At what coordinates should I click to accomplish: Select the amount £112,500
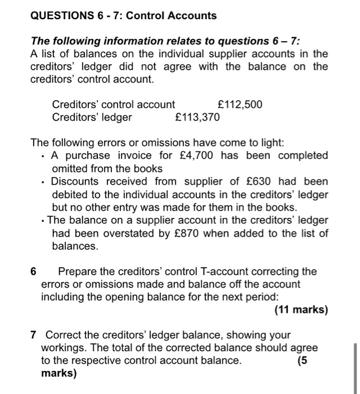tap(240, 105)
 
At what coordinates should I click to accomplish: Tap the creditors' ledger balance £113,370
tap(197, 117)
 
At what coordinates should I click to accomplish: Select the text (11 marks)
tap(301, 310)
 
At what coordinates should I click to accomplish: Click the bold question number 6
tap(34, 272)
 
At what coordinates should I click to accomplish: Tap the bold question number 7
tap(34, 335)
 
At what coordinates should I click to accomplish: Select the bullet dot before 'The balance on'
tap(43, 221)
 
